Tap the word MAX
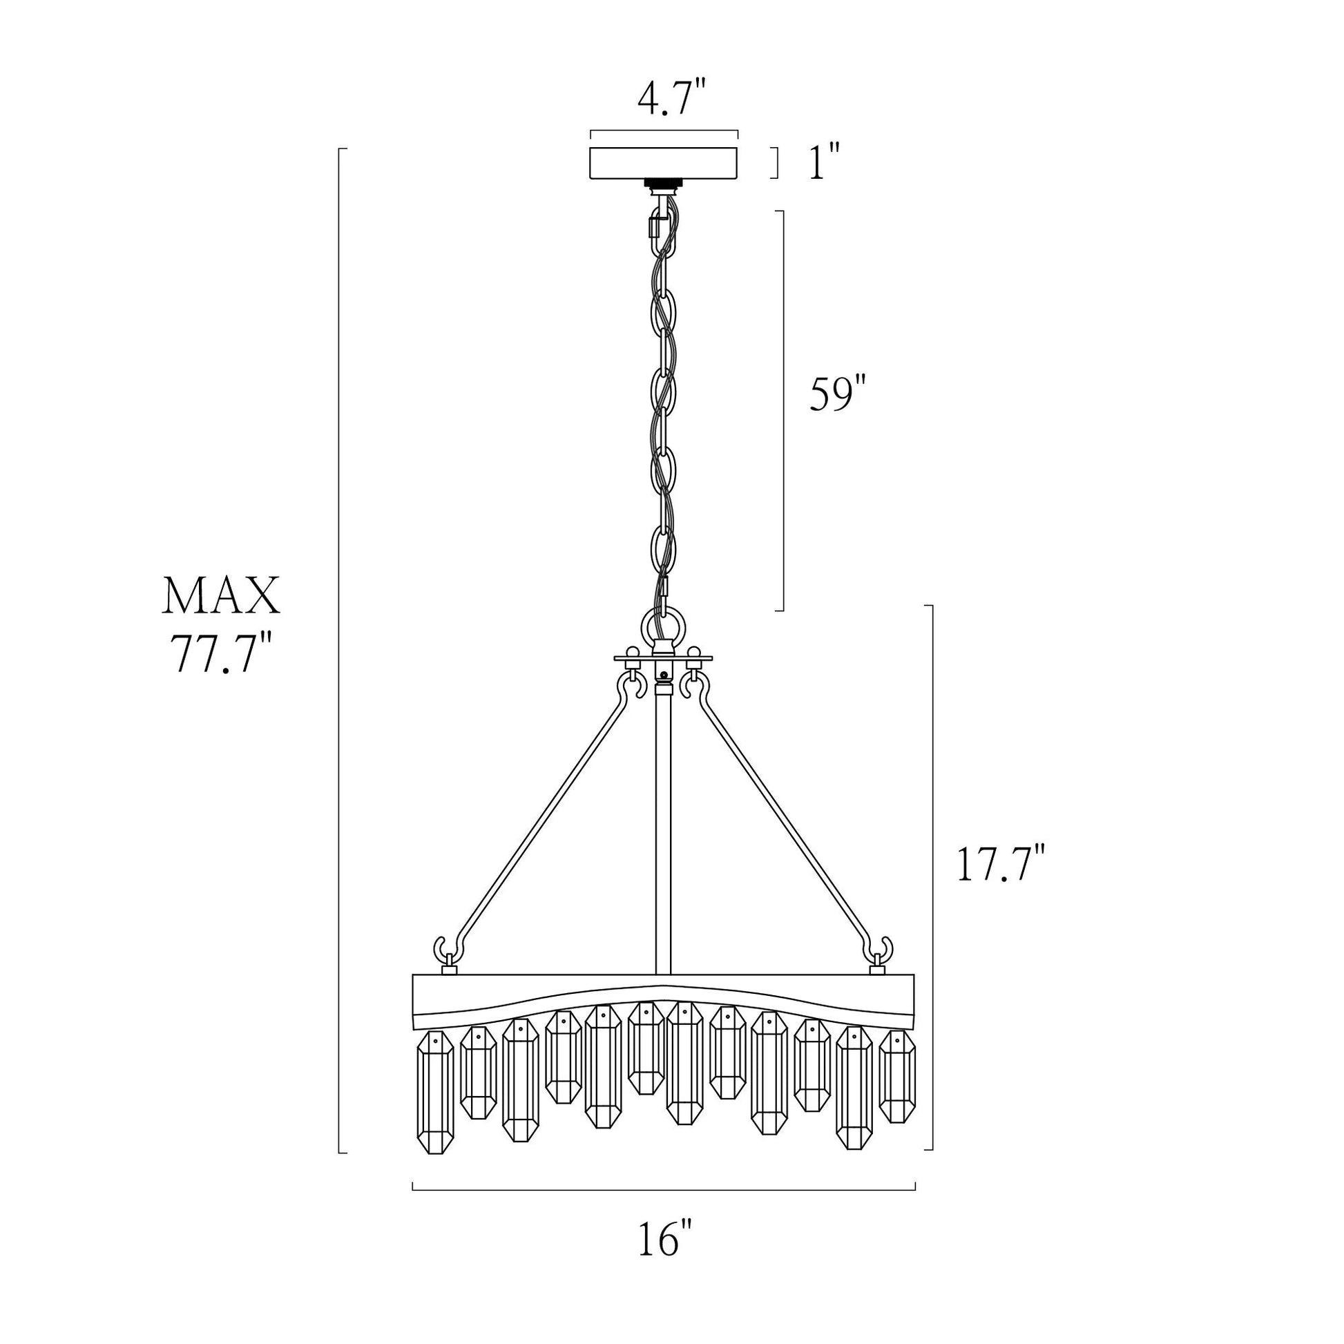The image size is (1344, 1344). click(221, 596)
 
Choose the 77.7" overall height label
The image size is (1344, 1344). click(220, 654)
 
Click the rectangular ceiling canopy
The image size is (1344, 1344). click(664, 163)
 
